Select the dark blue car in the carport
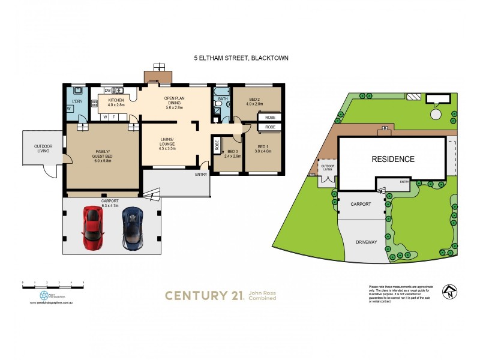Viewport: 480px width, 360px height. [x=133, y=228]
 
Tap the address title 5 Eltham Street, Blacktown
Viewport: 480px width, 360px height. [x=241, y=58]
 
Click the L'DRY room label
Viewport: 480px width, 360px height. [x=77, y=101]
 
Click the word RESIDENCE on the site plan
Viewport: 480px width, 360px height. [x=393, y=159]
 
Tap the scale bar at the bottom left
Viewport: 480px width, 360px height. [x=53, y=283]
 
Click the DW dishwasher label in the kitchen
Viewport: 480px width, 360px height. [x=107, y=91]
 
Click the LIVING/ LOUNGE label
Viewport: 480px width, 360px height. [x=167, y=143]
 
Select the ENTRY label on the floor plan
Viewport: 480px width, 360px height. [x=200, y=175]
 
